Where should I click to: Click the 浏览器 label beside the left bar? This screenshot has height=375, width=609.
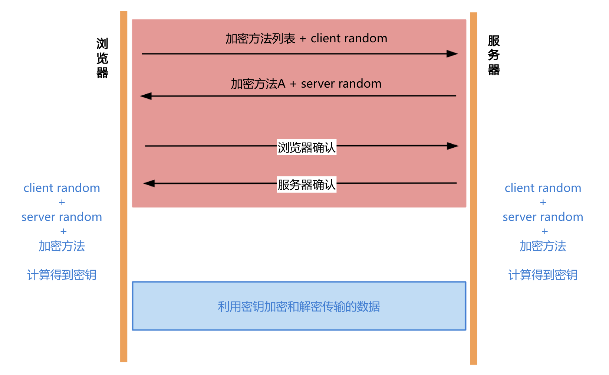102,58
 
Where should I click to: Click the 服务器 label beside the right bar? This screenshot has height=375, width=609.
494,55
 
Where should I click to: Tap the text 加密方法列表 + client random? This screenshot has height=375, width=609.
306,38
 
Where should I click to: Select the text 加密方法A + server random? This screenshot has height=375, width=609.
306,84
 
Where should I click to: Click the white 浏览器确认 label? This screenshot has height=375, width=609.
306,147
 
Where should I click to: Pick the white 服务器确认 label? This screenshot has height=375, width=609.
306,185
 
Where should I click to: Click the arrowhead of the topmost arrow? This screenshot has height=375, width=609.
452,54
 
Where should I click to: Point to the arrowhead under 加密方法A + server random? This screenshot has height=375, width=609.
147,96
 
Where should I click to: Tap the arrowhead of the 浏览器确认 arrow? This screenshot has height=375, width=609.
452,146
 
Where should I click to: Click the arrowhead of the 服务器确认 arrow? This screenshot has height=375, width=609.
149,183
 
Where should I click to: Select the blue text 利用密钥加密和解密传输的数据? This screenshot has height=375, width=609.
299,306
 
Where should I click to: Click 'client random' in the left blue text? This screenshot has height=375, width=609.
62,188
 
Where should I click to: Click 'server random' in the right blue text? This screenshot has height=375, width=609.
543,217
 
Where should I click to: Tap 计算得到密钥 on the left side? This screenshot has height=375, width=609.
62,275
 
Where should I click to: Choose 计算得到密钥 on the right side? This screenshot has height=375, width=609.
543,275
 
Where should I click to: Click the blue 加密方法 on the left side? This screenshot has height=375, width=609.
62,246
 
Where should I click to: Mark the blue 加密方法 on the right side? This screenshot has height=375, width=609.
543,246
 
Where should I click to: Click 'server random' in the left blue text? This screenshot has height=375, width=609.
62,217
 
